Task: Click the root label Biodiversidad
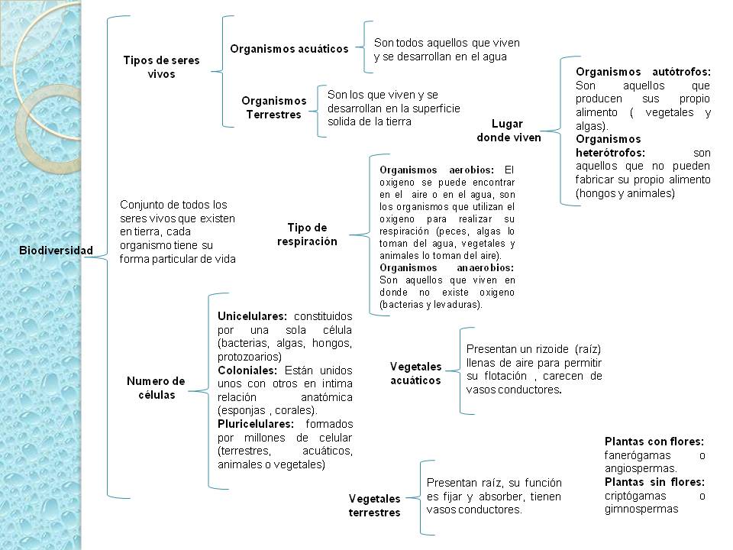pos(57,250)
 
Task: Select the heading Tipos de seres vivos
pos(160,67)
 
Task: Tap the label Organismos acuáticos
pos(289,49)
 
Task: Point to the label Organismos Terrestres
pos(273,107)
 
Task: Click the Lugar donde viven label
pos(509,131)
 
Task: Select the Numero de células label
pos(156,387)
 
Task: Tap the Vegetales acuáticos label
pos(415,373)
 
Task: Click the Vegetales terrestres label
pos(374,505)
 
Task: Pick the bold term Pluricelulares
pos(256,424)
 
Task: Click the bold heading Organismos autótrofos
pos(643,71)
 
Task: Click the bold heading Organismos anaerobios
pos(447,268)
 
